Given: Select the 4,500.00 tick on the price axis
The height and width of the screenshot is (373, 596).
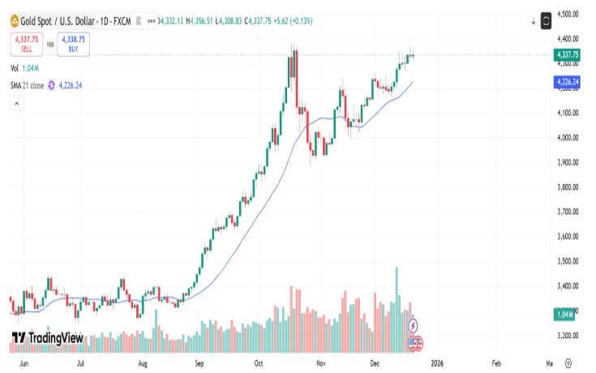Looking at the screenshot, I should pos(567,14).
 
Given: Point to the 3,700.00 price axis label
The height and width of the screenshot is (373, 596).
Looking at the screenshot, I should pos(567,212).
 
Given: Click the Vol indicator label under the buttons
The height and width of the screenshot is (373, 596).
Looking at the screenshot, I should pos(15,68).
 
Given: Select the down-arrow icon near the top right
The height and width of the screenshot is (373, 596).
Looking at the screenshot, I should pos(534,19).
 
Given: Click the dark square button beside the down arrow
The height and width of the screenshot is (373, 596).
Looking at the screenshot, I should pos(546,19).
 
